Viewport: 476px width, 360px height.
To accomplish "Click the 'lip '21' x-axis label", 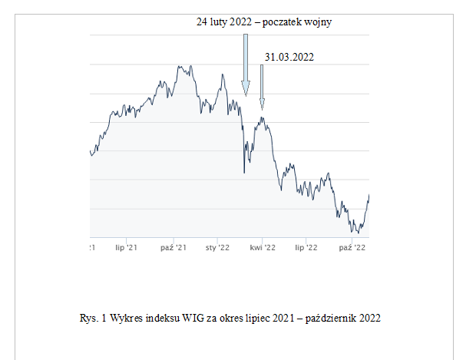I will [x=125, y=247].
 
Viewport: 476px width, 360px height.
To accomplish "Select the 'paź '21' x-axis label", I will [x=174, y=247].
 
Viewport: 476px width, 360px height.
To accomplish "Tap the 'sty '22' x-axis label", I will [x=218, y=247].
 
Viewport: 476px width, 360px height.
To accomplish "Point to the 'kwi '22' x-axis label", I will [x=263, y=247].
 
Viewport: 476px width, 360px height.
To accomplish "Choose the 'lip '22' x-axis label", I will [x=306, y=247].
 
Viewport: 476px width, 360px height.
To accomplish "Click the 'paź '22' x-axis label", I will [x=351, y=247].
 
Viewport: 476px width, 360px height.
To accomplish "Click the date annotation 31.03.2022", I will [x=289, y=57].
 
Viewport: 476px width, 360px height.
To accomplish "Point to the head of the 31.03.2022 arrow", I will [x=262, y=105].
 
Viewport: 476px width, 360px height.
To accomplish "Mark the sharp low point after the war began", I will [x=244, y=173].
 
